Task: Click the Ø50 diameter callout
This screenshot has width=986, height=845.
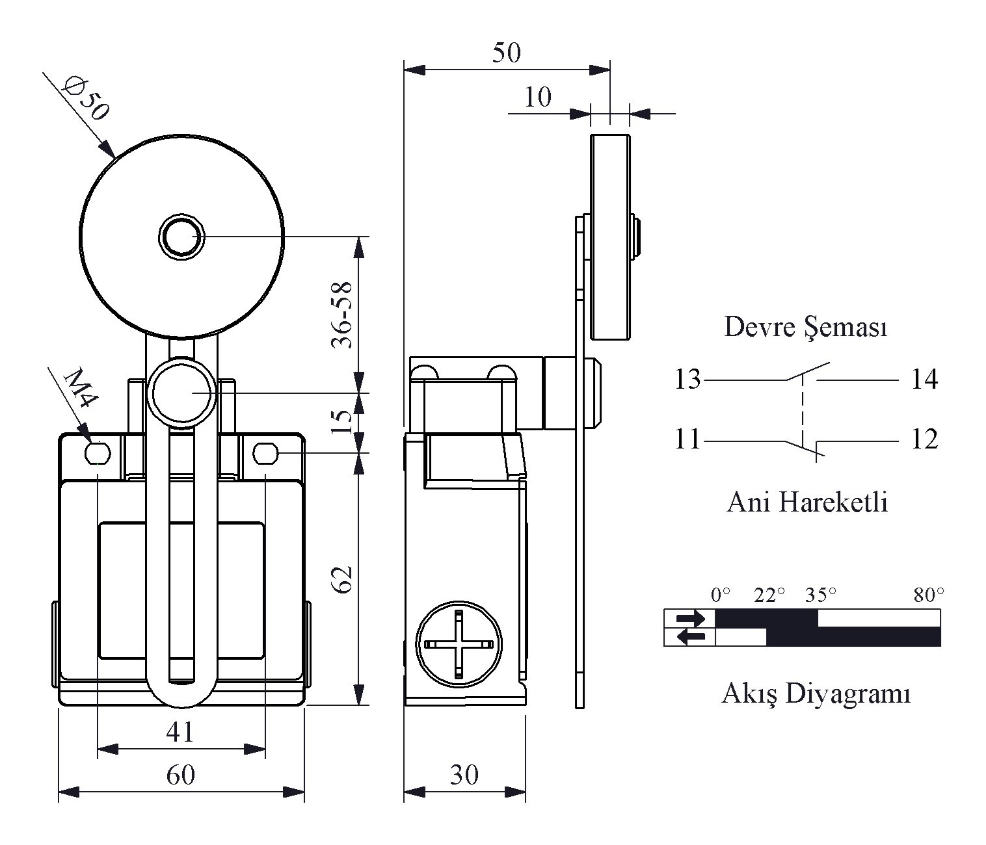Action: point(87,98)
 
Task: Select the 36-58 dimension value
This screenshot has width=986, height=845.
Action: point(342,315)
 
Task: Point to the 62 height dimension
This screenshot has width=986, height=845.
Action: point(342,579)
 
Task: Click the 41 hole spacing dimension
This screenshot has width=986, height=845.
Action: point(180,731)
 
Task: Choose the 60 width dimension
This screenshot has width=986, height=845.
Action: point(181,775)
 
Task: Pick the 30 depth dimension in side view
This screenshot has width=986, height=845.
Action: point(464,775)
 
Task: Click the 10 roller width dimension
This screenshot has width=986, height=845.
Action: point(538,97)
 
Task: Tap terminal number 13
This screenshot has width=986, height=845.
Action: point(687,380)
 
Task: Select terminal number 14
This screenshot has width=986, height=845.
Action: point(924,380)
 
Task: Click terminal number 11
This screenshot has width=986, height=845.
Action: point(687,439)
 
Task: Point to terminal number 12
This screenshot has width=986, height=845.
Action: point(924,439)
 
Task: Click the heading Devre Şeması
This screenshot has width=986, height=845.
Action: point(806,327)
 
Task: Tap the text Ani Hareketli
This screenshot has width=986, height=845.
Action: point(807,502)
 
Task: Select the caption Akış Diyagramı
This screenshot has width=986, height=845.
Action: point(816,694)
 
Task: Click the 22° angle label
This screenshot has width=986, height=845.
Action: point(769,595)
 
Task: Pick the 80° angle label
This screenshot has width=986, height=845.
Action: point(929,595)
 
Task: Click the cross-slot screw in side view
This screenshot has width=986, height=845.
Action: point(459,644)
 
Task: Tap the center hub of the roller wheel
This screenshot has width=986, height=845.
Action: point(181,236)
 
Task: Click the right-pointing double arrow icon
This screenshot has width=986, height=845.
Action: point(690,619)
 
